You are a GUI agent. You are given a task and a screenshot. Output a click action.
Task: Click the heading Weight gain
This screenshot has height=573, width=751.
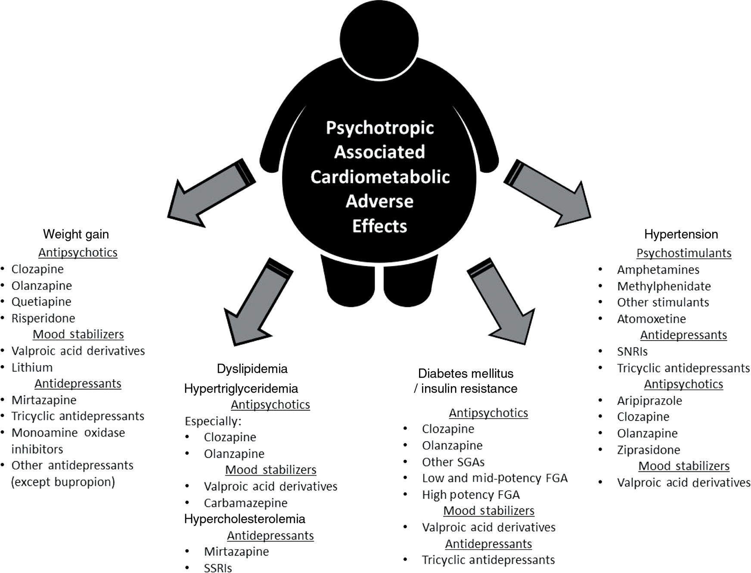[x=76, y=234]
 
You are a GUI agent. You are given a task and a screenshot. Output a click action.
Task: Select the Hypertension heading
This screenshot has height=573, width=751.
[x=681, y=234]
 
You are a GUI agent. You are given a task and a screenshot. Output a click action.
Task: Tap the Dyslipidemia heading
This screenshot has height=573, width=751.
[x=252, y=369]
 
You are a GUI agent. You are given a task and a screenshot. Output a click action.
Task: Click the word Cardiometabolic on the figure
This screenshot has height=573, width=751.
[x=380, y=177]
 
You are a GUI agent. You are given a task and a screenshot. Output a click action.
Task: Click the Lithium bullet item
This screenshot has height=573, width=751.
[x=32, y=367]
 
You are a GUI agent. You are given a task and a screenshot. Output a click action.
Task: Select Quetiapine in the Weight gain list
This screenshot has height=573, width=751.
[x=41, y=302]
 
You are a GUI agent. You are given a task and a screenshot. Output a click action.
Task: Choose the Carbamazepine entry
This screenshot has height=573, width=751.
[x=245, y=503]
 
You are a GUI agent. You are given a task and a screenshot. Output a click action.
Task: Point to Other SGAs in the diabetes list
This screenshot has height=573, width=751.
[x=453, y=462]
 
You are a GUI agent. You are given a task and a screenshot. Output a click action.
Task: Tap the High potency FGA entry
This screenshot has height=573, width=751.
[x=471, y=495]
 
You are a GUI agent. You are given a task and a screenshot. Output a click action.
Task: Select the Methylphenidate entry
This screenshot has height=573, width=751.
[x=664, y=286]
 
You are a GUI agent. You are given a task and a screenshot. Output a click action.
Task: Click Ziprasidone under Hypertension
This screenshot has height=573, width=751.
[x=649, y=450]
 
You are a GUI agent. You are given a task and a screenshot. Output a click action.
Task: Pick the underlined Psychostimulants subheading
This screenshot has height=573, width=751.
[x=684, y=253]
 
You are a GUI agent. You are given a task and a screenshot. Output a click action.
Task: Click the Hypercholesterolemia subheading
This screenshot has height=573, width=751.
[x=245, y=519]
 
